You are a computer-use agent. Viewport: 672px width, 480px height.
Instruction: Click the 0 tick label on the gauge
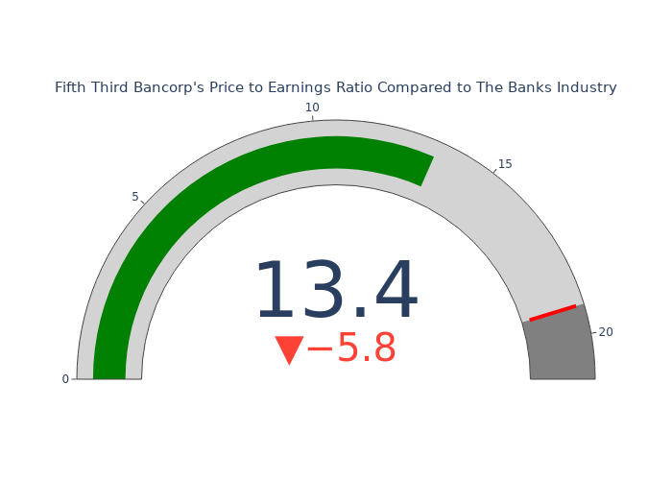(65, 379)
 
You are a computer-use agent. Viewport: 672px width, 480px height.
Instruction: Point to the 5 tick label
(135, 197)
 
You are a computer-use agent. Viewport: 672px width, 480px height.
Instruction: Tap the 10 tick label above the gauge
(312, 108)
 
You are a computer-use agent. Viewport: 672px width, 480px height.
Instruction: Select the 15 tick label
(505, 164)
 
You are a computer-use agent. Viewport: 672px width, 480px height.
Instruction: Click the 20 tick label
(606, 332)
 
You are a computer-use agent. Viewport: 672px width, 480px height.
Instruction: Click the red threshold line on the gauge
(553, 312)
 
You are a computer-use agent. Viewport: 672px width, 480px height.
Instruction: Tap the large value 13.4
(336, 289)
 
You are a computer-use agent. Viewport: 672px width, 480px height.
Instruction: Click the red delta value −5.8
(351, 348)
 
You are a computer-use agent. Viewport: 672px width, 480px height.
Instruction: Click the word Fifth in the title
(71, 87)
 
